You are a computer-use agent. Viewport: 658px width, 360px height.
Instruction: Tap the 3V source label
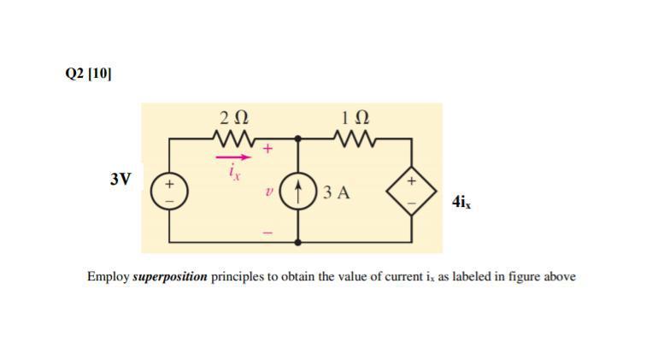click(120, 179)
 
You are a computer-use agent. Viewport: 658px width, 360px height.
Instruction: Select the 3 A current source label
click(338, 192)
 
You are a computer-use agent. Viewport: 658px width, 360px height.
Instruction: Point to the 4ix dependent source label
click(461, 203)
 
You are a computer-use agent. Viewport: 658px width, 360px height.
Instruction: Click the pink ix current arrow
click(235, 157)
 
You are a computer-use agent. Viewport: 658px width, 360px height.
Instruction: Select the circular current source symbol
click(298, 191)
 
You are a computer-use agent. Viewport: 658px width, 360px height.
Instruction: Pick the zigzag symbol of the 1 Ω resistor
click(354, 137)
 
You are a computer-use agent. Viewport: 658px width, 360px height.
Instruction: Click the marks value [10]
click(100, 74)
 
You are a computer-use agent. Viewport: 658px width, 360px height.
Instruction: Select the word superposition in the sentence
click(171, 277)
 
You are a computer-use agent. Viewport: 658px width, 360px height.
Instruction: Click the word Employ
click(108, 277)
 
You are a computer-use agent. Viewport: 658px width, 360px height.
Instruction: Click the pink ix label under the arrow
click(234, 172)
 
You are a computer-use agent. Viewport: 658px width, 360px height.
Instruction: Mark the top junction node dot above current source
click(298, 137)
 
